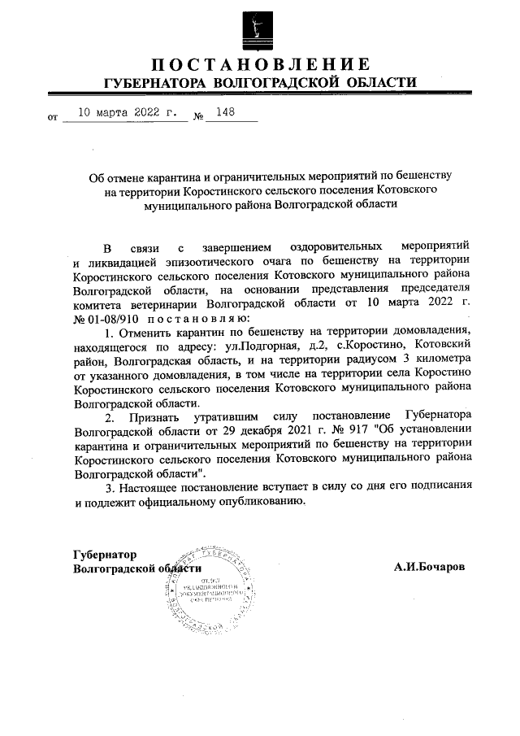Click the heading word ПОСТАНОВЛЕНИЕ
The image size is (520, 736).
(260, 65)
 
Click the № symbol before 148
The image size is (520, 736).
(197, 119)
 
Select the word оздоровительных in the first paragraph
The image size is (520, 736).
(335, 246)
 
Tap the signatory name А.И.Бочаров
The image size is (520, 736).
(430, 567)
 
